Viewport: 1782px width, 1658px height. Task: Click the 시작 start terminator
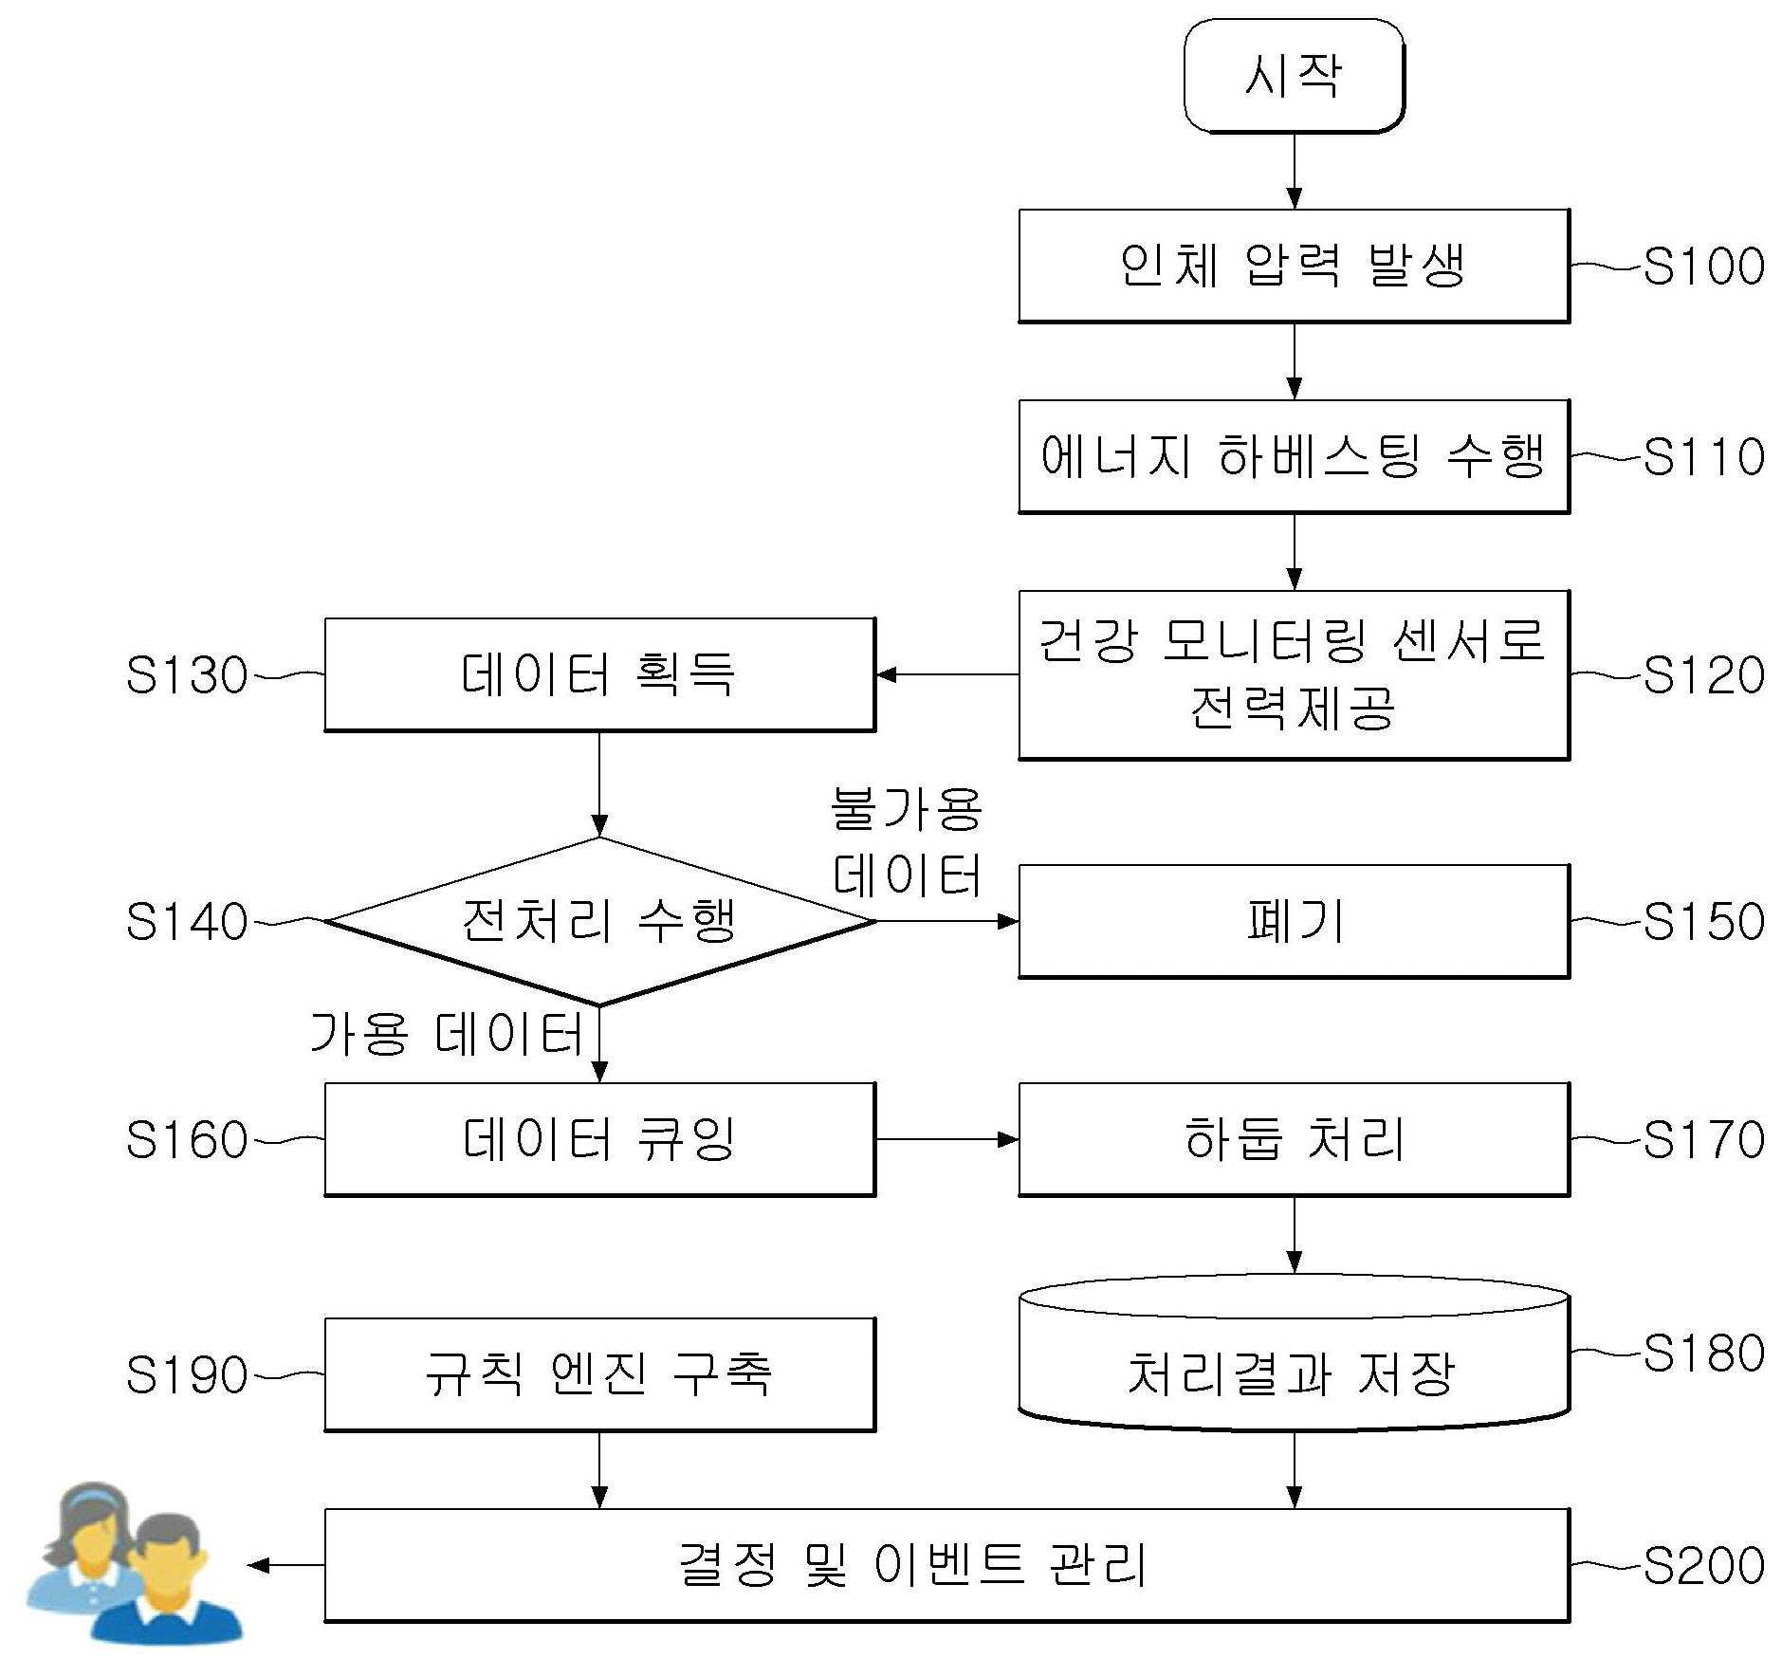pos(1294,76)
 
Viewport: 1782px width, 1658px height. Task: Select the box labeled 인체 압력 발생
pos(1294,267)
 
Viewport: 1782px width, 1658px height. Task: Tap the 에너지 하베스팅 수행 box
pos(1294,457)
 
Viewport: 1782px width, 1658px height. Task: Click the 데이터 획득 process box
pos(599,675)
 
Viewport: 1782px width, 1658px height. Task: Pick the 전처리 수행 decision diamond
pos(599,921)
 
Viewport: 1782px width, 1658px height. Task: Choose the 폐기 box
pos(1294,921)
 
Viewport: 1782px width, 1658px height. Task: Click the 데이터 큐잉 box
pos(599,1139)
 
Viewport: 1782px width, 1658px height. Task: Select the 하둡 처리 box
pos(1294,1139)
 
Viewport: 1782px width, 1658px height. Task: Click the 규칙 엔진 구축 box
pos(599,1374)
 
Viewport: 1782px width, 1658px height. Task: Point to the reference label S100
pos(1703,267)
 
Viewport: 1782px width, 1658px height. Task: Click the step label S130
pos(187,675)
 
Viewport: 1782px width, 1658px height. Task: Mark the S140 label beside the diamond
pos(187,921)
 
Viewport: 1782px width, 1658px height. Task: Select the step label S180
pos(1703,1353)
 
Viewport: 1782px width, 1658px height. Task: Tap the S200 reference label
pos(1703,1565)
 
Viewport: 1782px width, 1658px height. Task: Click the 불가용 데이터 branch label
pos(908,842)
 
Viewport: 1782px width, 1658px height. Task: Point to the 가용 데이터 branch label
pos(447,1034)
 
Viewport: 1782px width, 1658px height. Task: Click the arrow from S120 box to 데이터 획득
pos(947,675)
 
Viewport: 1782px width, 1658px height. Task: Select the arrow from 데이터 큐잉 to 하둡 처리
pos(947,1139)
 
